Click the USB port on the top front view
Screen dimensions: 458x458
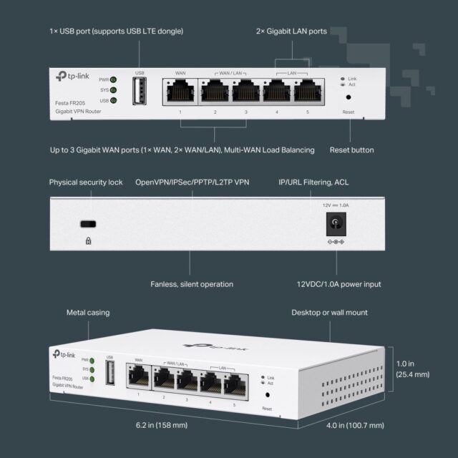(x=140, y=91)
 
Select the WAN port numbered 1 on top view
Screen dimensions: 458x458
(x=180, y=91)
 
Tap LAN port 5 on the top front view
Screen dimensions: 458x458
(x=307, y=91)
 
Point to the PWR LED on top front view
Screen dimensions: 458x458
(x=113, y=80)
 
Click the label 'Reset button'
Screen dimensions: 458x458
(x=351, y=150)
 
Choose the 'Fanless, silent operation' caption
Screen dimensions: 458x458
(x=192, y=284)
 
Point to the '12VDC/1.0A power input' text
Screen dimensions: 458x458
(x=334, y=284)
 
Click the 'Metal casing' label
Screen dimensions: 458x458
(x=88, y=313)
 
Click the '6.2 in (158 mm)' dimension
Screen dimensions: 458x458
(x=162, y=425)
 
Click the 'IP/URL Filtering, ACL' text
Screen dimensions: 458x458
(x=316, y=182)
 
